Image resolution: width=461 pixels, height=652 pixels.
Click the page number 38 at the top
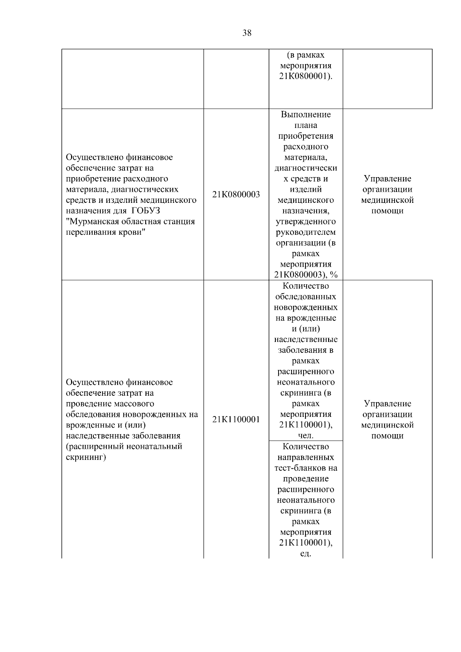coord(247,33)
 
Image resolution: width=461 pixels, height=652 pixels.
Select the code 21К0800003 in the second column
coord(236,194)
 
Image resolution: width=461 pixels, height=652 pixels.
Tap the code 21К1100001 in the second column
coord(236,420)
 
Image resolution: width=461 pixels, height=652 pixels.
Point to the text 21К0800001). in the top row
coord(306,76)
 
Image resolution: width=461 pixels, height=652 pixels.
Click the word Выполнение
coord(306,114)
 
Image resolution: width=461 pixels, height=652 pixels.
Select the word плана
coord(306,125)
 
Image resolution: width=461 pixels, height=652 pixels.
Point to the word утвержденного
coord(306,222)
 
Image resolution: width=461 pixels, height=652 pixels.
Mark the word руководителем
coord(306,232)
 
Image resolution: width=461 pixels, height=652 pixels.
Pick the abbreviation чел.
coord(306,436)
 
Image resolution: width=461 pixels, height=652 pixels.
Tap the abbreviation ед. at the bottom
coord(306,554)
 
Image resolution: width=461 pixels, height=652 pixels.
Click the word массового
coord(134,404)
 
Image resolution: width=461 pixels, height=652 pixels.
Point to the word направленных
coord(306,458)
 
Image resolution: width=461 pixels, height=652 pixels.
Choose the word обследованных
coord(306,297)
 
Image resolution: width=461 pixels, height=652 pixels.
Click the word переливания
coord(87,232)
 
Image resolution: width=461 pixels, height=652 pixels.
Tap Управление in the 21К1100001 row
coord(387,404)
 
